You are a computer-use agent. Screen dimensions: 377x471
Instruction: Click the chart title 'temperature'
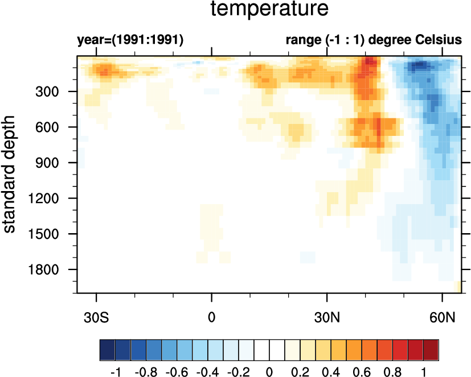tap(269, 10)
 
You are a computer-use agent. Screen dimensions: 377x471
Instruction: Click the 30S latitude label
tap(97, 315)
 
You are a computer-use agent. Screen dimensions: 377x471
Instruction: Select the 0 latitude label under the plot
tap(212, 315)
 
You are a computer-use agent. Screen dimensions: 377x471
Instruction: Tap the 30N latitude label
tap(326, 315)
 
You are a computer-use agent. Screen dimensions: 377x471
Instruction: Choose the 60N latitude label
tap(442, 315)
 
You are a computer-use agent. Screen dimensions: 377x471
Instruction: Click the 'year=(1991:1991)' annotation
tap(130, 41)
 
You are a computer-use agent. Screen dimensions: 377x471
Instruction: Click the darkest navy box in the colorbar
tap(108, 347)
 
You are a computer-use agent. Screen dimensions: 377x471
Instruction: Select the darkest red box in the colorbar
tap(431, 347)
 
